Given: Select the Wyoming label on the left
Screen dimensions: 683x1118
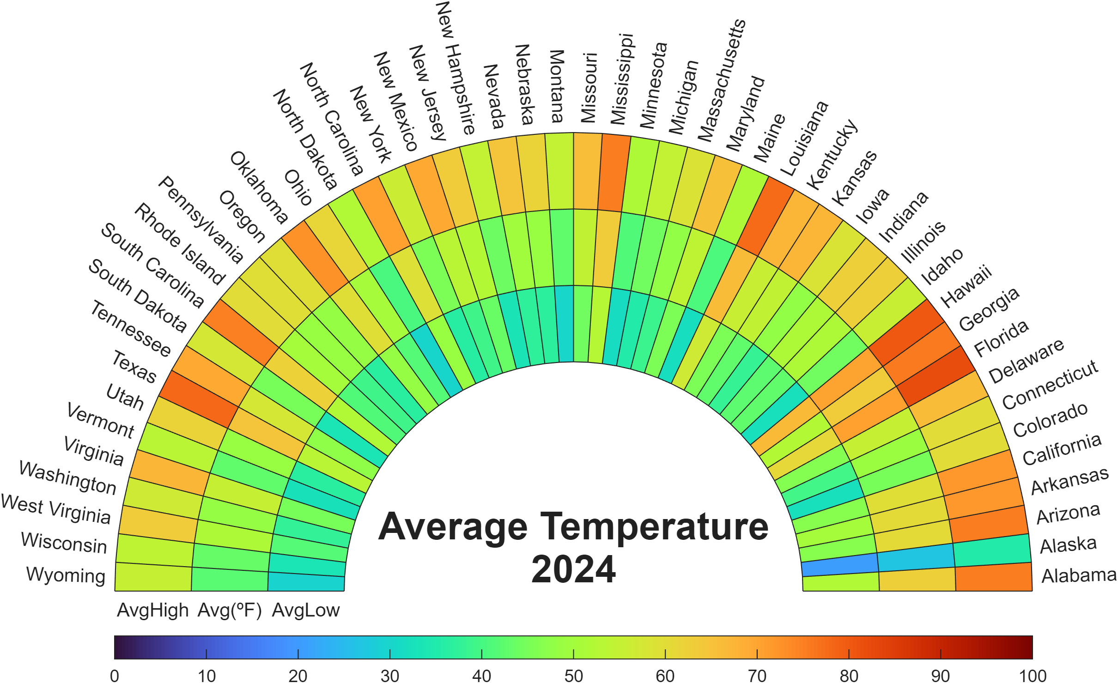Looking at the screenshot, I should pyautogui.click(x=66, y=575).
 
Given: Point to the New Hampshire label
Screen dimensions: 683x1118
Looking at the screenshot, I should pyautogui.click(x=455, y=68).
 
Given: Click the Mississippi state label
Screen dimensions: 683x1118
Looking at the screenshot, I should pyautogui.click(x=622, y=79).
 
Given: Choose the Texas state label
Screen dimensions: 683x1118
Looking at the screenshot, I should pyautogui.click(x=134, y=367).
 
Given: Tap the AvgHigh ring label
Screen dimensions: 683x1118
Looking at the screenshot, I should pyautogui.click(x=152, y=610).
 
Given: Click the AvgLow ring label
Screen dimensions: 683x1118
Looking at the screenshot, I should pyautogui.click(x=305, y=610).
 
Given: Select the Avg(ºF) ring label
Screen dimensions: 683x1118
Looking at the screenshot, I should pyautogui.click(x=230, y=610).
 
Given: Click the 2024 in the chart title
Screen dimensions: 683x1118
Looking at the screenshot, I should pyautogui.click(x=573, y=569).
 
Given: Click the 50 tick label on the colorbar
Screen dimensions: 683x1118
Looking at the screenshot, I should pyautogui.click(x=573, y=676).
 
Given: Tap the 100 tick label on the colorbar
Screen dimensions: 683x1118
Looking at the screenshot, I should pyautogui.click(x=1033, y=676).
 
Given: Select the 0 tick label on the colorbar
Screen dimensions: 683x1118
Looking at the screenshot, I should pyautogui.click(x=115, y=676).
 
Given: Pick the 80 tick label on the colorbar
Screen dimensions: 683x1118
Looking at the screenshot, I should pyautogui.click(x=849, y=676).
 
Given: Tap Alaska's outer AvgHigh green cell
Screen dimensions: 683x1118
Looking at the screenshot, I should pyautogui.click(x=992, y=551).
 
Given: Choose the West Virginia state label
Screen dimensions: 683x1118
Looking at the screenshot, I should pyautogui.click(x=56, y=509).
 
